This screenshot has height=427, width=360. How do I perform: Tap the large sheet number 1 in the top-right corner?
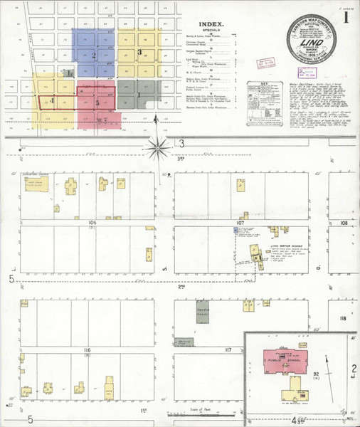[x=345, y=18]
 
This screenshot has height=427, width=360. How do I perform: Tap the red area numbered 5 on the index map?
[x=97, y=102]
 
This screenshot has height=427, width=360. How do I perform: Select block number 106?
[x=92, y=223]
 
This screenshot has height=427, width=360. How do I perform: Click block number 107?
[x=240, y=223]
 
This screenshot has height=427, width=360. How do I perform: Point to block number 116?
[x=87, y=351]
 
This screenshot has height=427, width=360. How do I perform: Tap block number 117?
[x=228, y=350]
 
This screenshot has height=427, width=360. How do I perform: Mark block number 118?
[x=342, y=318]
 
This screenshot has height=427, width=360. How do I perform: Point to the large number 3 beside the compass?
[x=182, y=144]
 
